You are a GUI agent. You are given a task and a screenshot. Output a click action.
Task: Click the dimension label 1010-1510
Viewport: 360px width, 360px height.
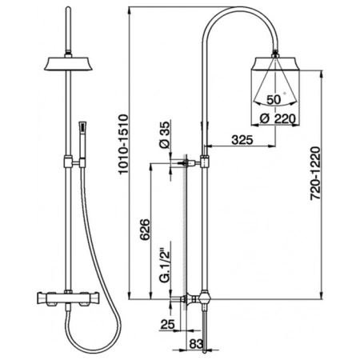(x=123, y=144)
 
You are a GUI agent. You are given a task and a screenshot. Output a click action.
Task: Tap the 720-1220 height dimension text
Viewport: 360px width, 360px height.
(x=316, y=173)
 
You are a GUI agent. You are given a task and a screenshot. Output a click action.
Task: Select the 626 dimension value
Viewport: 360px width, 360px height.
(x=145, y=230)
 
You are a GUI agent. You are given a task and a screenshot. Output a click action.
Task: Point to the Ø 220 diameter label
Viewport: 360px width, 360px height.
(x=278, y=118)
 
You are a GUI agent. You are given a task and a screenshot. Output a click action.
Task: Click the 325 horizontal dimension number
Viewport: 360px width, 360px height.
(x=242, y=139)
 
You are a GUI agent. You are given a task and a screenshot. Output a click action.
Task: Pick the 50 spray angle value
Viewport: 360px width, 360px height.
(x=274, y=100)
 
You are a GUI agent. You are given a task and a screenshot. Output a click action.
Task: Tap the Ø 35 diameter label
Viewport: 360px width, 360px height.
(x=165, y=134)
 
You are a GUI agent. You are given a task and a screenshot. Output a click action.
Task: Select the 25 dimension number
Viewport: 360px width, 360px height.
(x=167, y=324)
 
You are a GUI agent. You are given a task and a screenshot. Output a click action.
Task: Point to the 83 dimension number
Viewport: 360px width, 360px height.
(x=196, y=344)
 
